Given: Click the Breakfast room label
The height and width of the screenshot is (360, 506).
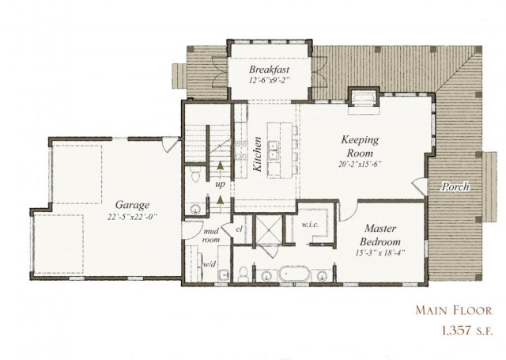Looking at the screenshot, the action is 269,70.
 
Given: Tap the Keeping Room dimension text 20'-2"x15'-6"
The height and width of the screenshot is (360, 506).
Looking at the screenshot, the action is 360,164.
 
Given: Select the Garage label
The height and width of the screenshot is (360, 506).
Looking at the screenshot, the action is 132,205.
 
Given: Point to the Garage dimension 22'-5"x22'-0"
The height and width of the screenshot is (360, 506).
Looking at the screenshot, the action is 132,217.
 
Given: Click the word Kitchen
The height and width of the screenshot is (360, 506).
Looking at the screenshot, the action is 257,154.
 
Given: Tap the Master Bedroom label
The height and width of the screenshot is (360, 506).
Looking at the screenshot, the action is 380,235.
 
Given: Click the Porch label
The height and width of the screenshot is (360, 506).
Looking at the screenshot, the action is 455,187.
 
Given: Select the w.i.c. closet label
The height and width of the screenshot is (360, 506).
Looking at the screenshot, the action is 310,225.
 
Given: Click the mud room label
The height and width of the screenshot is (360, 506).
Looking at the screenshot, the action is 211,235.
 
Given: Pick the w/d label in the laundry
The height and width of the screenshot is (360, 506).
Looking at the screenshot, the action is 209,264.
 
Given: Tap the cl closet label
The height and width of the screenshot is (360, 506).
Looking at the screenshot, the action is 239,229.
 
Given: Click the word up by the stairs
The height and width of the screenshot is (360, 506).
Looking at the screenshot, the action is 220,184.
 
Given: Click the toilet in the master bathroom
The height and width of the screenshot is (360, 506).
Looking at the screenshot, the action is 243,274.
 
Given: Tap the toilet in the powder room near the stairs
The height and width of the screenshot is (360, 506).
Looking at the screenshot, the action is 195,174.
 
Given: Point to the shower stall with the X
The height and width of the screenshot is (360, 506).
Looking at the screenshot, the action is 269,229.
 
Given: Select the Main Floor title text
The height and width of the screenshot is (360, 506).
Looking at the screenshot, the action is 453,310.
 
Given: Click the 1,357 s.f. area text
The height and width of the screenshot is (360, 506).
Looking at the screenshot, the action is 467,331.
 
